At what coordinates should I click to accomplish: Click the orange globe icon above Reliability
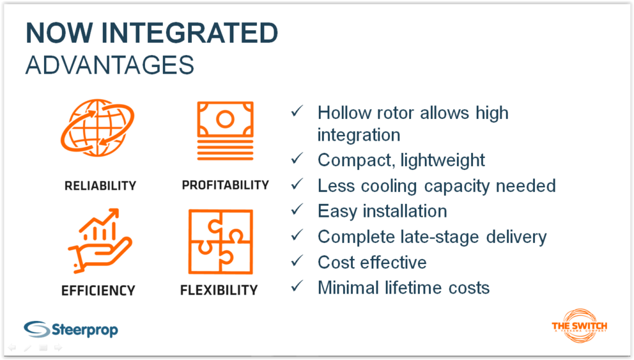pyautogui.click(x=97, y=128)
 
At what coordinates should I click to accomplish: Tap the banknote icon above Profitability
pyautogui.click(x=225, y=131)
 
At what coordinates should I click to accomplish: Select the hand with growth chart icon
pyautogui.click(x=100, y=240)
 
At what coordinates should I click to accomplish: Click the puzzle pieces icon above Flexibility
pyautogui.click(x=221, y=242)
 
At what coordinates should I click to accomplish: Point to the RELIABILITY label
pyautogui.click(x=100, y=186)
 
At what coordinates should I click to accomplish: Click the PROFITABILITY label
pyautogui.click(x=225, y=185)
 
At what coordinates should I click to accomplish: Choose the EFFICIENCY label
pyautogui.click(x=98, y=291)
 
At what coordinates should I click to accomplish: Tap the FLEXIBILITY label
pyautogui.click(x=219, y=290)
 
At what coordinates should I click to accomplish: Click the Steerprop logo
pyautogui.click(x=71, y=329)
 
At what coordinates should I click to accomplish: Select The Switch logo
pyautogui.click(x=580, y=326)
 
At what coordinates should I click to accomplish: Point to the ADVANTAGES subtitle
pyautogui.click(x=110, y=65)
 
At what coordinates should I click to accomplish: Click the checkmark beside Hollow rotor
pyautogui.click(x=297, y=111)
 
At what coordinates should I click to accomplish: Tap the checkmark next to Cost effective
pyautogui.click(x=297, y=261)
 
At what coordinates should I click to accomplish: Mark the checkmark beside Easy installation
pyautogui.click(x=297, y=209)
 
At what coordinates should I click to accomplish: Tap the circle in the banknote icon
pyautogui.click(x=225, y=119)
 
